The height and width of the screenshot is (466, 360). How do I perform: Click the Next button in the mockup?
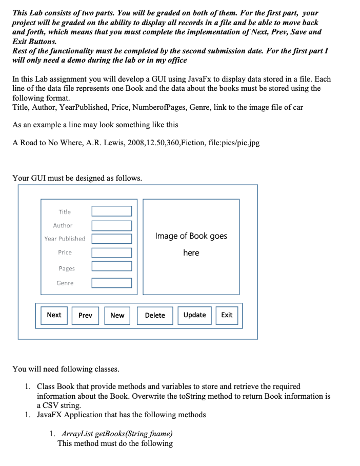(54, 315)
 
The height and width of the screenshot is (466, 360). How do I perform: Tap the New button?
(117, 315)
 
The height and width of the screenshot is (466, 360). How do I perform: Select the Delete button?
(155, 315)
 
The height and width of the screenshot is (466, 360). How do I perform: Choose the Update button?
(195, 315)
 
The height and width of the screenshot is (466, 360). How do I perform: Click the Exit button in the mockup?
(227, 315)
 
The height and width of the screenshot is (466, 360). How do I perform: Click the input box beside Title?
(112, 211)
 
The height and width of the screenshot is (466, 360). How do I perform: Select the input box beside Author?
(112, 226)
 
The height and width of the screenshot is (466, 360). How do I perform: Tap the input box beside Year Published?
(112, 239)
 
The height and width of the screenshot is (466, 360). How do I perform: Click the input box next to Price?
(112, 253)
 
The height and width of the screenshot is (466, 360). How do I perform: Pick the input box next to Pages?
(112, 266)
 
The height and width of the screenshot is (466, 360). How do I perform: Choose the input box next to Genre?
(112, 283)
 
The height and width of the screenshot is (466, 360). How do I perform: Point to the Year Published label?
(65, 239)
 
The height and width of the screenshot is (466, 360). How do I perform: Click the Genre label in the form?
(65, 283)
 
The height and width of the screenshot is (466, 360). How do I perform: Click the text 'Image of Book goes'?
(191, 236)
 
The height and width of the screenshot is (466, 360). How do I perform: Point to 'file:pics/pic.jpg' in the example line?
(234, 143)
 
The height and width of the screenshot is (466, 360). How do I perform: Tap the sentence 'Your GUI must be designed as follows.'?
(77, 178)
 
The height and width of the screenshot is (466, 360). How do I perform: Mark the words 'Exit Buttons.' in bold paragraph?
(34, 41)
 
